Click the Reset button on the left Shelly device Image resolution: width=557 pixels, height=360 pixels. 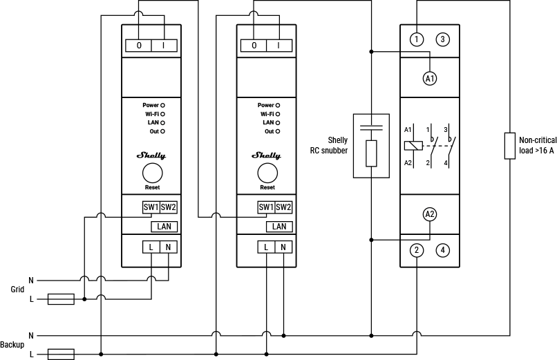[151, 173]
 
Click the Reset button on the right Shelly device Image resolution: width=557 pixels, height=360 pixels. [267, 173]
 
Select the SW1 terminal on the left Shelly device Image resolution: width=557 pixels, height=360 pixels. [151, 207]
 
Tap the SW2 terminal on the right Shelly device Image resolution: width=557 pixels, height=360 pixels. [283, 207]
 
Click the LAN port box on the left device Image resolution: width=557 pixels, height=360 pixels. [164, 226]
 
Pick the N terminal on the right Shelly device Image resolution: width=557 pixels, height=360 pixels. [283, 247]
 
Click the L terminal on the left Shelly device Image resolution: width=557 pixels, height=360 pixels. [151, 247]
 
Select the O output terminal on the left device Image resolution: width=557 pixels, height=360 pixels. [139, 46]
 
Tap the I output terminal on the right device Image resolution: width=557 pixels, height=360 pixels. [278, 46]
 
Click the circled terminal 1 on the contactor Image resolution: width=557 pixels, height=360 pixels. [416, 39]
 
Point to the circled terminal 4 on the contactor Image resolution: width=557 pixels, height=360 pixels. [442, 250]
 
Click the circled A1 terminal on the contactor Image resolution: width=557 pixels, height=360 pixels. [430, 79]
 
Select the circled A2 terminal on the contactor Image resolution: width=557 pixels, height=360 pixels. [430, 214]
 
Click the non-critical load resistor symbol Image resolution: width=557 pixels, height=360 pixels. [509, 145]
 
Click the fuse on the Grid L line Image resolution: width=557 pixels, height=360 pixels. [61, 299]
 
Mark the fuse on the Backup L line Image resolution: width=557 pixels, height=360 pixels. [61, 354]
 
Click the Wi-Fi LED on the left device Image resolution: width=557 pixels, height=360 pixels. [162, 114]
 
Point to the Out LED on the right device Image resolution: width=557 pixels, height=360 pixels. [278, 131]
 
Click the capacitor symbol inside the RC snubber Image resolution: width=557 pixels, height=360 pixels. [371, 126]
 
